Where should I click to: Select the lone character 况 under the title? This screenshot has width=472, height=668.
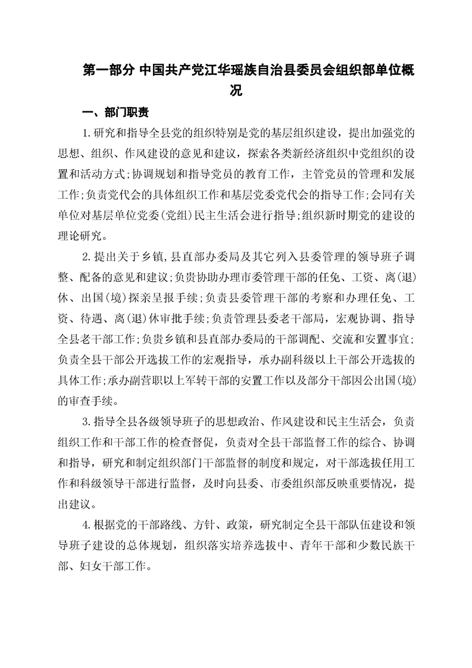236,91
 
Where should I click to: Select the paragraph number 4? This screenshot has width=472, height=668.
85,525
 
